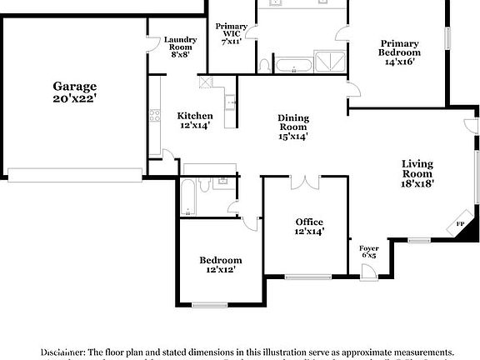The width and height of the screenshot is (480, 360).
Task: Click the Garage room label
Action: coord(75,87)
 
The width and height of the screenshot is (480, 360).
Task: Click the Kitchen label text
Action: coord(194,116)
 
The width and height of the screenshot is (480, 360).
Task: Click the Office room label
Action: coord(309,222)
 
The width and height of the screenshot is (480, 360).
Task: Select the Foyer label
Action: coord(368,248)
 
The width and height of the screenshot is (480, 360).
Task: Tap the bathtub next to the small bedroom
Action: coord(188,198)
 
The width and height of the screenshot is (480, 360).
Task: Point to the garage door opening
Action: coord(75,175)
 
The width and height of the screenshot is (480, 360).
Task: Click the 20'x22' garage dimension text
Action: coord(75,99)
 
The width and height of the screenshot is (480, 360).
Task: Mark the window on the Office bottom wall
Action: coord(307,277)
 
